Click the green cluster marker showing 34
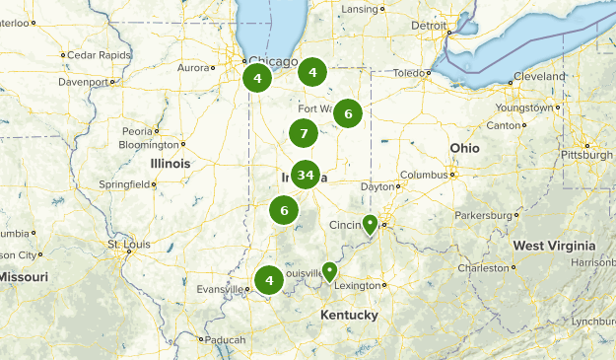coord(306,176)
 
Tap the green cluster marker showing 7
coord(304,133)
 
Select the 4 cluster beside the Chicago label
coord(257,78)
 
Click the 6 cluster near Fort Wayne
coord(347,113)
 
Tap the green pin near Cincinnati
coord(370,226)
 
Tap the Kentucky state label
coord(348,315)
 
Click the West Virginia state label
coord(553,246)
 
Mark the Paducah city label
coord(226,339)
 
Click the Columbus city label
coord(424,175)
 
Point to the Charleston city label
coord(483,267)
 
